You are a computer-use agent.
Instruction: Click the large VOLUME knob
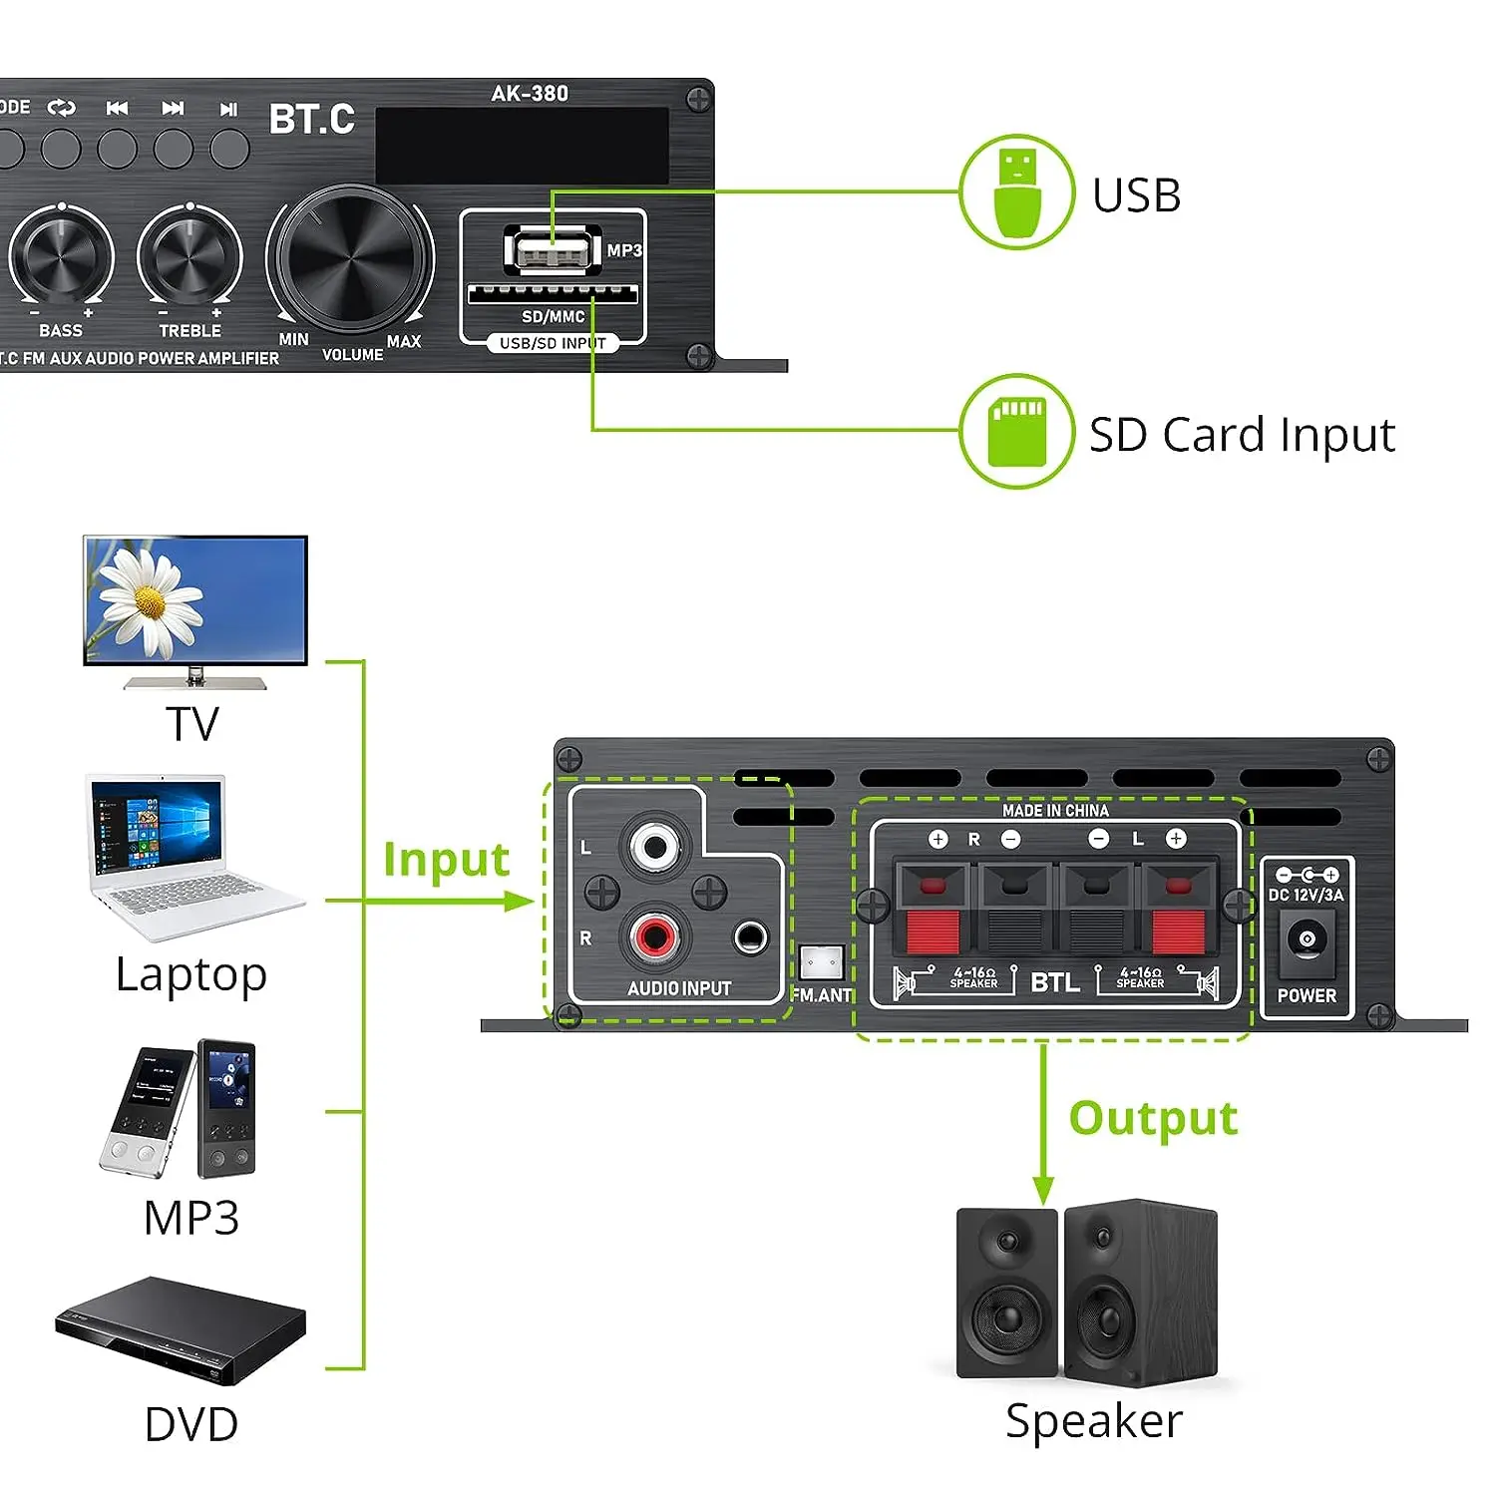[x=350, y=258]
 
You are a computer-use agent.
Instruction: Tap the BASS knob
[x=62, y=256]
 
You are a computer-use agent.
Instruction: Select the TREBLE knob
[x=189, y=256]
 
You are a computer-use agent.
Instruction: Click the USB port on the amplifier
[x=552, y=249]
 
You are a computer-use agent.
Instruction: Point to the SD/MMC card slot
[x=553, y=293]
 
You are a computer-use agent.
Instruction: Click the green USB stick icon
[x=1016, y=192]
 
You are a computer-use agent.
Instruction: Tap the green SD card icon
[x=1016, y=432]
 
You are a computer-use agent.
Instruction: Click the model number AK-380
[x=530, y=94]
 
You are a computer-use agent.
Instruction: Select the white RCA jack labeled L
[x=654, y=847]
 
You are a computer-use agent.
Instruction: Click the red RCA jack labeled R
[x=654, y=936]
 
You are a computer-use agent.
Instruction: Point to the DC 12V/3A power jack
[x=1307, y=939]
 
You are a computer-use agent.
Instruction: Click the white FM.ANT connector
[x=822, y=962]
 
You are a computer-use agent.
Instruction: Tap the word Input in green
[x=446, y=860]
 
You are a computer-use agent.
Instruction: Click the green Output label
[x=1153, y=1118]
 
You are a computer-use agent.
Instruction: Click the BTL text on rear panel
[x=1055, y=982]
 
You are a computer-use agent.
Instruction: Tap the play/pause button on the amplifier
[x=229, y=149]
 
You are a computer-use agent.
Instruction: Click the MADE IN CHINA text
[x=1055, y=811]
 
